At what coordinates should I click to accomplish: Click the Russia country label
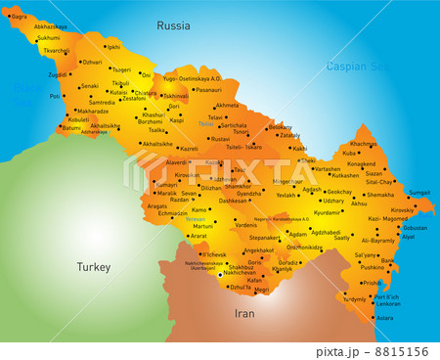coord(173,25)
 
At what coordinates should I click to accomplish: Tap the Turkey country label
coord(96,266)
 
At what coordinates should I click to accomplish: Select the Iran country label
coord(244,314)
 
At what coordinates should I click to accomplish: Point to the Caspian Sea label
coord(356,67)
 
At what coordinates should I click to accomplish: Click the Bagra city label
coord(19,17)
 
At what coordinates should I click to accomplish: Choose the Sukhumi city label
coord(48,38)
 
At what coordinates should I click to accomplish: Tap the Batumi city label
coord(71,128)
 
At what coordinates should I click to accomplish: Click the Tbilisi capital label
coord(205,124)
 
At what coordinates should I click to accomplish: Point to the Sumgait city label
coord(418,193)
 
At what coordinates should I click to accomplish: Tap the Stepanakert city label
coord(264,237)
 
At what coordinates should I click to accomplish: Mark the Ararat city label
coord(198,236)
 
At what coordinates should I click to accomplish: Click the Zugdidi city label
coord(58,74)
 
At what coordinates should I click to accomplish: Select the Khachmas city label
coord(363,144)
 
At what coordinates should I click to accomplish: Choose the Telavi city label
coord(216,117)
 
